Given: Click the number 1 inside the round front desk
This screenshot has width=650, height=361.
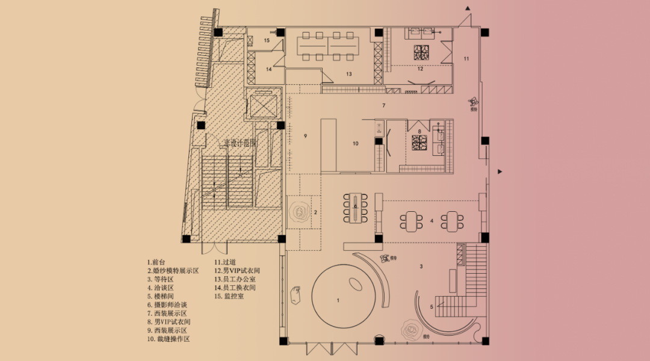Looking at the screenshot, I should pyautogui.click(x=338, y=300).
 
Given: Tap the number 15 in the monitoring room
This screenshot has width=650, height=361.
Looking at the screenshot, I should pyautogui.click(x=267, y=40).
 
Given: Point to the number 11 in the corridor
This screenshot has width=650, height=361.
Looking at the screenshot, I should pyautogui.click(x=466, y=58).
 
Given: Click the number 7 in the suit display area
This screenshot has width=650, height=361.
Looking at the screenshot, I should pyautogui.click(x=383, y=105).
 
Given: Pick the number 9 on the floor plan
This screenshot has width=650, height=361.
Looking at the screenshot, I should pyautogui.click(x=306, y=137).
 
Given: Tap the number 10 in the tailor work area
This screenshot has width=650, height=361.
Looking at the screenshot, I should pyautogui.click(x=355, y=143).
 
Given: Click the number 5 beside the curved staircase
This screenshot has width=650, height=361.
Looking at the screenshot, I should pyautogui.click(x=432, y=306).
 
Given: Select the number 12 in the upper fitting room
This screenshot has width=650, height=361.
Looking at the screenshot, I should pyautogui.click(x=420, y=69).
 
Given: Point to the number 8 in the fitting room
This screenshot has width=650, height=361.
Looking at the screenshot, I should pyautogui.click(x=419, y=131).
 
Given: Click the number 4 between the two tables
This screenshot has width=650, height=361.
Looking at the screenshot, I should pyautogui.click(x=432, y=221).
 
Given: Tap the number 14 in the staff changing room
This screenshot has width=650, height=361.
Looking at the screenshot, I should pyautogui.click(x=269, y=70).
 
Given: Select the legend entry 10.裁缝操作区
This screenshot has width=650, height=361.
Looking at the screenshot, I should pyautogui.click(x=169, y=339).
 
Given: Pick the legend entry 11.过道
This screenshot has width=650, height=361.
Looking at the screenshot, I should pyautogui.click(x=225, y=262).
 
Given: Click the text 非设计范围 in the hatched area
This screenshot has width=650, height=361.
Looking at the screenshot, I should pyautogui.click(x=240, y=143).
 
